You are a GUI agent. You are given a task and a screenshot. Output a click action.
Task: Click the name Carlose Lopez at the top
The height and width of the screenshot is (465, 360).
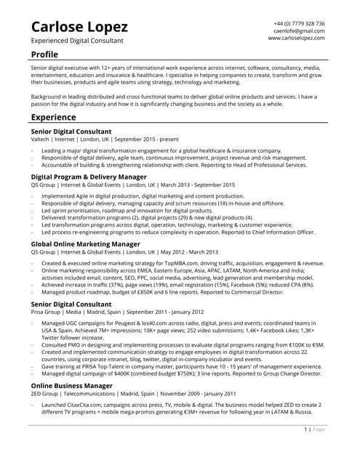point(80,27)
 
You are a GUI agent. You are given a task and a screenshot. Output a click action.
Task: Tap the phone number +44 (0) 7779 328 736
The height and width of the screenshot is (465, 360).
point(299,24)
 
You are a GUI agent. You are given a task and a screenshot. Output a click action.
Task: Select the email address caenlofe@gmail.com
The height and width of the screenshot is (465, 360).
point(299,31)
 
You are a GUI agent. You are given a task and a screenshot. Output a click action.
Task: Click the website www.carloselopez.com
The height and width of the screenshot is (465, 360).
point(296,39)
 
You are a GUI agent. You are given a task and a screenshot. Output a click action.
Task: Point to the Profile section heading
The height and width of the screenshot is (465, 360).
point(44,54)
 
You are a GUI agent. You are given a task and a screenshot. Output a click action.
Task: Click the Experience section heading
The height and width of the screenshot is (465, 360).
point(53,117)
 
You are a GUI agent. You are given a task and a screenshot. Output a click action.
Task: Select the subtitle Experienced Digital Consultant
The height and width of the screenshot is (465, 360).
point(77,41)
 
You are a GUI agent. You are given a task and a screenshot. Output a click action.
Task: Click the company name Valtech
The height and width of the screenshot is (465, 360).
point(41,138)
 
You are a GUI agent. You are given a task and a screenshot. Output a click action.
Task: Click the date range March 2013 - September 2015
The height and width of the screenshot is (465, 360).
point(196,185)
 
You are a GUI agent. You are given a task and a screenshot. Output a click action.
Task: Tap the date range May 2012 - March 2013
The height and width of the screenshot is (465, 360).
point(188,251)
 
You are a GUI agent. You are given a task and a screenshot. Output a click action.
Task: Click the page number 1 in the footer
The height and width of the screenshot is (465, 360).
point(305,429)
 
